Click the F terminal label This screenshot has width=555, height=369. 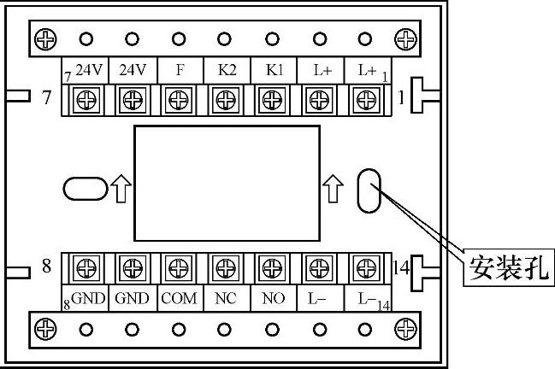180,70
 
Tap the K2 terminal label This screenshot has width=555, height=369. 227,70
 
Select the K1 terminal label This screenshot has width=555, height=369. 274,70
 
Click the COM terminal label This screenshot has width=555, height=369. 180,299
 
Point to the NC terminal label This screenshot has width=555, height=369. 227,299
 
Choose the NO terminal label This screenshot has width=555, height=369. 274,299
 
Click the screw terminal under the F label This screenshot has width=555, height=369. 180,100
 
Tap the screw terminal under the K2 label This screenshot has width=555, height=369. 226,100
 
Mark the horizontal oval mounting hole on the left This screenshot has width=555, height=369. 84,187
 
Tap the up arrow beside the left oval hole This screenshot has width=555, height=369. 119,188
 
